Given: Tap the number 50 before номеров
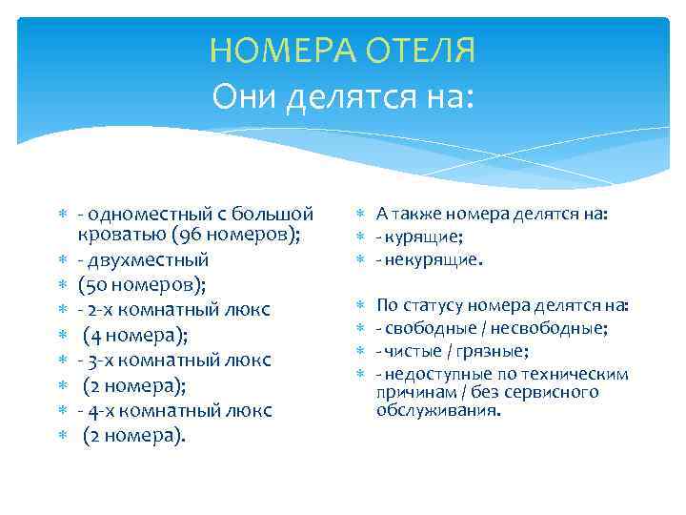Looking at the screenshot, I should point(97,285).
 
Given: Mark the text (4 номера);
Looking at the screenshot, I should point(135,335).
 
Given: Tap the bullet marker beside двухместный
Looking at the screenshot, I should point(59,259).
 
